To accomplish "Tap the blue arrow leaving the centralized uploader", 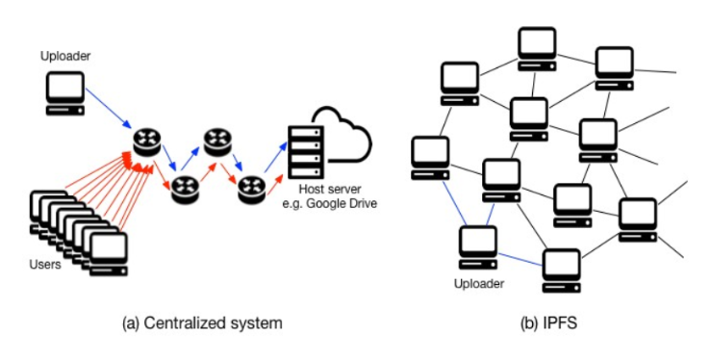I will click(x=108, y=109).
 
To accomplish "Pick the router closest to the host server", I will click(x=252, y=186).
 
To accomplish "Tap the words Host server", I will click(x=330, y=192).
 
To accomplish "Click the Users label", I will click(x=44, y=264).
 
